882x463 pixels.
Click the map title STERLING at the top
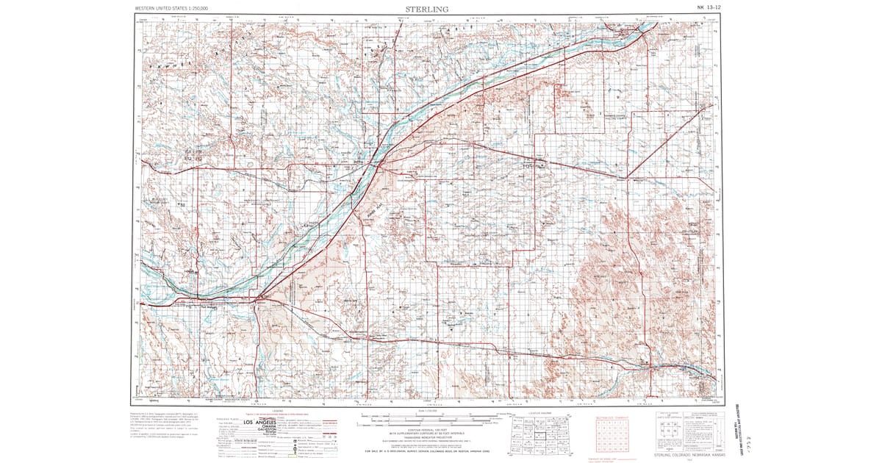point(426,9)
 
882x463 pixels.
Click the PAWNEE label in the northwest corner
point(168,65)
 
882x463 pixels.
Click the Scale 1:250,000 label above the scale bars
point(426,410)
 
